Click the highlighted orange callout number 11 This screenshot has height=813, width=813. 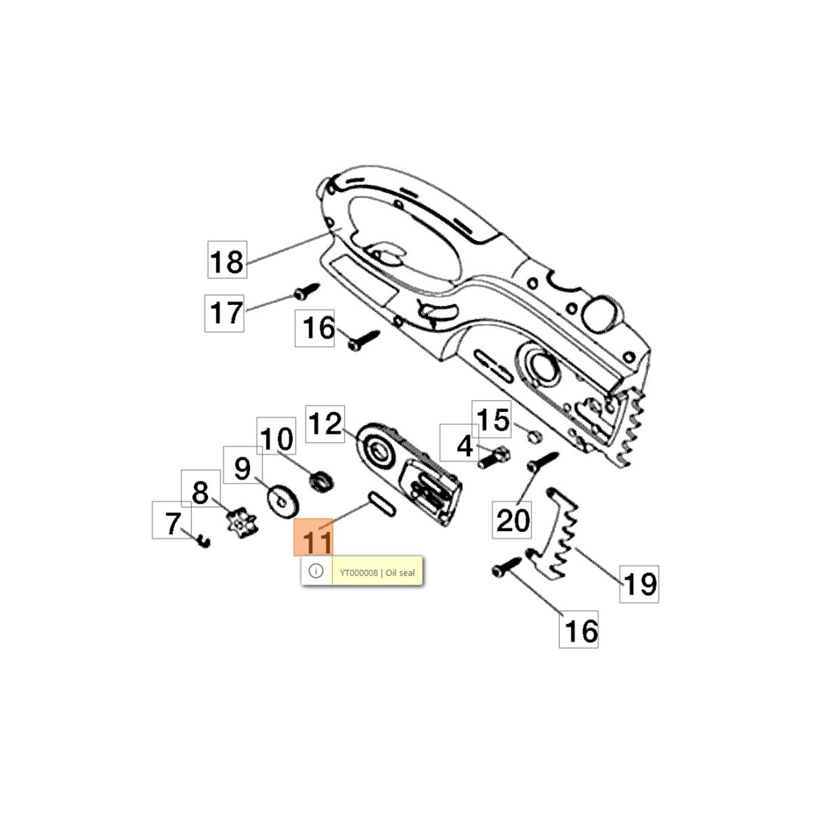click(313, 538)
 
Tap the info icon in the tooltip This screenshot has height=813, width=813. click(316, 571)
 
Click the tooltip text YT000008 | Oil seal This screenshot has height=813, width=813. click(377, 573)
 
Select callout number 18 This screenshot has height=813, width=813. click(227, 260)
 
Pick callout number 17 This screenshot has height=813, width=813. click(224, 313)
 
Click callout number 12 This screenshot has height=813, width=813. click(325, 424)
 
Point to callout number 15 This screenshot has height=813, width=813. click(491, 419)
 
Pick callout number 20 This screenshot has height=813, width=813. click(512, 520)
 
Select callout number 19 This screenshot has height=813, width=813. click(639, 584)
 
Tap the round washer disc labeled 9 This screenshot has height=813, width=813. click(283, 502)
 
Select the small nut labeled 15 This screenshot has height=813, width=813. click(534, 436)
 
